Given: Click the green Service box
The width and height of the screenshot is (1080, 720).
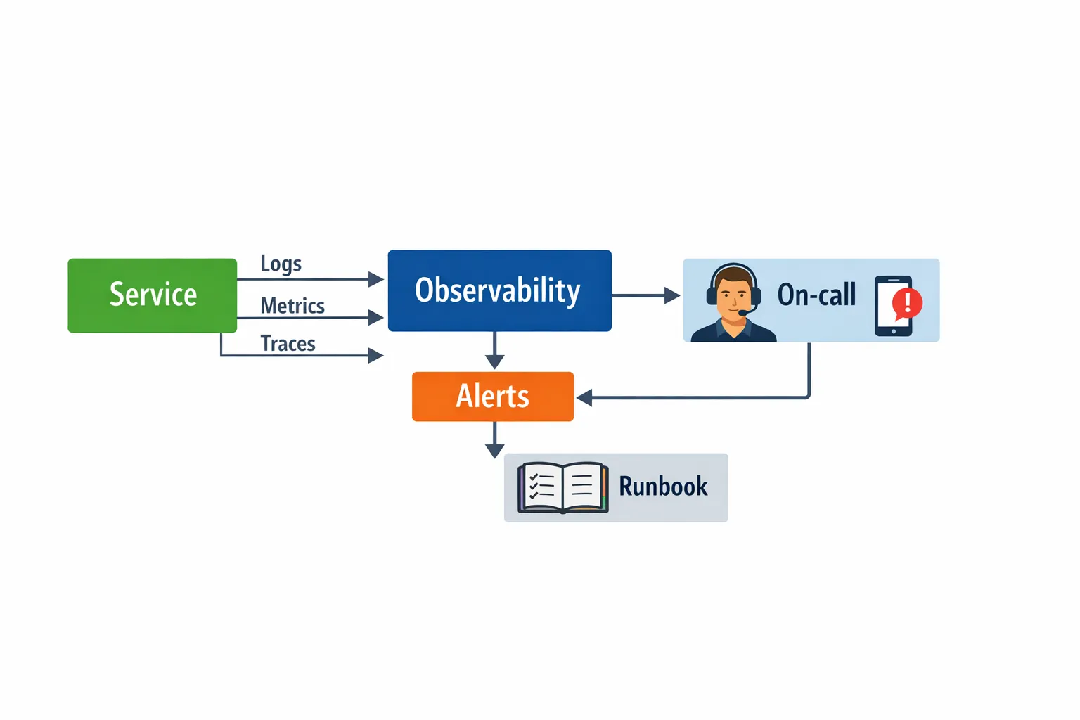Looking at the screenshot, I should [152, 295].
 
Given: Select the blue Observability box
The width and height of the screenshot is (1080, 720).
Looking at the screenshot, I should [499, 290].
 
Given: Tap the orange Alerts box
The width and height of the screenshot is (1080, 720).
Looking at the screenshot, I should [492, 397].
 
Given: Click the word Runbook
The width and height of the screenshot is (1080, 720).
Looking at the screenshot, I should [663, 487].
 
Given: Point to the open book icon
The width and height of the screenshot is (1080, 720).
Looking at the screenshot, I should [562, 487].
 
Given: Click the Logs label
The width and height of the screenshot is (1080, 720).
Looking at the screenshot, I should [281, 264].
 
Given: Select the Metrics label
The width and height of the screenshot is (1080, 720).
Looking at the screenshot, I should [292, 306].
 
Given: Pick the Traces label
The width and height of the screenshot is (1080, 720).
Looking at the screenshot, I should [288, 344].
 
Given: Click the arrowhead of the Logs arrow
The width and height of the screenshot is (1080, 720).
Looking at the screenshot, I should [376, 280].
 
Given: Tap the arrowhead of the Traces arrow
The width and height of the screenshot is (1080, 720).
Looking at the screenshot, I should [376, 356].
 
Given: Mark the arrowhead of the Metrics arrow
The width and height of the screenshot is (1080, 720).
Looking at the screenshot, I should [376, 318].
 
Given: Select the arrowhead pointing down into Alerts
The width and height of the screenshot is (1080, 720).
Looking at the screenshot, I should [495, 361].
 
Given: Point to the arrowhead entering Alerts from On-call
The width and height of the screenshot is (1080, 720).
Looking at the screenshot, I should [584, 398].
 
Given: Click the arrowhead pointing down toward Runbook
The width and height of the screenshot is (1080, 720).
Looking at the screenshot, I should [495, 451].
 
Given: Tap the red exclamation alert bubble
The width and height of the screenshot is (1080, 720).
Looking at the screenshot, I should [907, 303].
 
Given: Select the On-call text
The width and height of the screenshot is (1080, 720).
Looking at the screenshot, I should [816, 295].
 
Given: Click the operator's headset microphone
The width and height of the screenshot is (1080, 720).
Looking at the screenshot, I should [742, 312].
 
